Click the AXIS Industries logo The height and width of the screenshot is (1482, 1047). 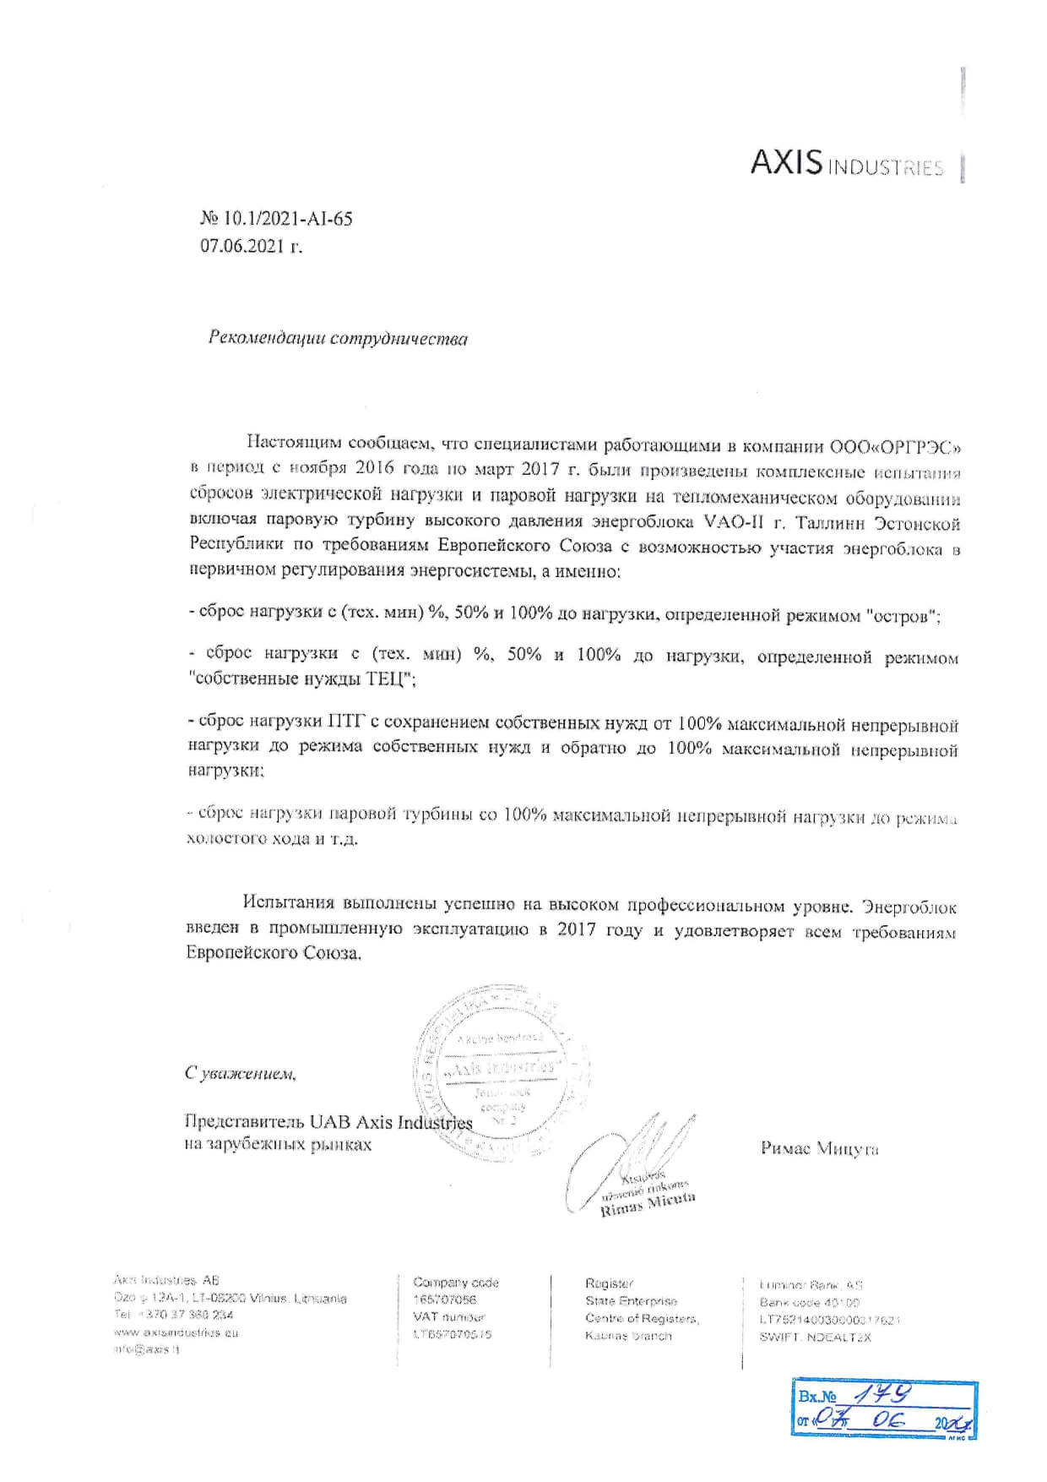(x=846, y=164)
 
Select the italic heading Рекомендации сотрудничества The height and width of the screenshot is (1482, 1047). (x=338, y=339)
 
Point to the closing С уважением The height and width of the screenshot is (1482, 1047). (x=241, y=1074)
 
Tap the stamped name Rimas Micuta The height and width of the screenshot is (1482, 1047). (x=648, y=1203)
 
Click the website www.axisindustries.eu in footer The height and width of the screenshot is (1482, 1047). (x=176, y=1332)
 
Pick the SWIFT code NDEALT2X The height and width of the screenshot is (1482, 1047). (x=837, y=1337)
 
